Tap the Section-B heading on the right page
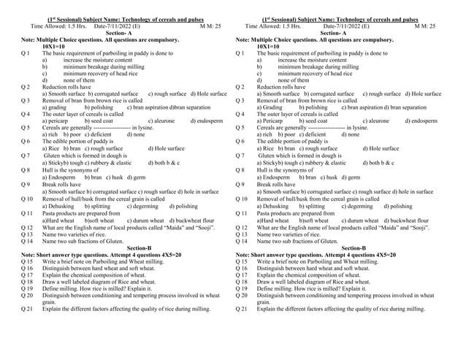[x=354, y=248]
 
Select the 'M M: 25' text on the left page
[x=210, y=26]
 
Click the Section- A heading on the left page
[x=121, y=33]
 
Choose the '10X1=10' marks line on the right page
[x=272, y=46]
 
